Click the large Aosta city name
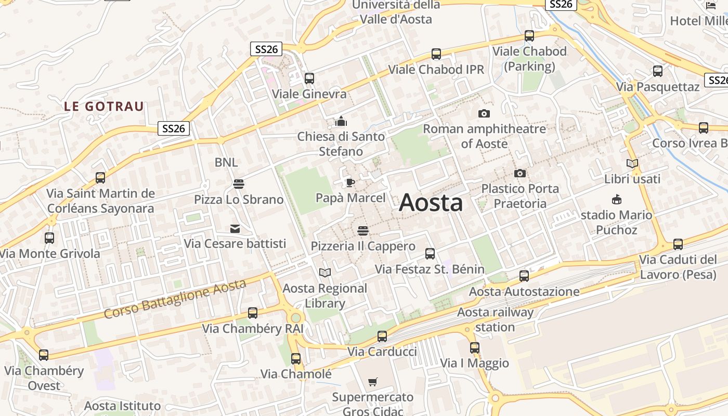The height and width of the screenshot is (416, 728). click(431, 202)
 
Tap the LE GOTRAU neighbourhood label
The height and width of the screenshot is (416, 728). click(104, 107)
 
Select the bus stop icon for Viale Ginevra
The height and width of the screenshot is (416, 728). click(309, 79)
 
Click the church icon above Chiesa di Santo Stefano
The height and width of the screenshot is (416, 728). click(341, 121)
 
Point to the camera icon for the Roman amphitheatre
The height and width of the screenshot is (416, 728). click(484, 113)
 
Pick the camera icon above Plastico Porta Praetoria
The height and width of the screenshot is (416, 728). click(519, 173)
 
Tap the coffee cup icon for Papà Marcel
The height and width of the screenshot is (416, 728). click(350, 183)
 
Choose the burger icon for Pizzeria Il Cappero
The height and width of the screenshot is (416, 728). click(363, 230)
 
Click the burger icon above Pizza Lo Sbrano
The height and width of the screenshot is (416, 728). click(239, 184)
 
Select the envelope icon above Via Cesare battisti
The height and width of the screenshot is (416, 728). click(235, 228)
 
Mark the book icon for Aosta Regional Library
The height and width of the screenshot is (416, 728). click(325, 272)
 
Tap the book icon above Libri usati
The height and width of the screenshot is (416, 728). click(632, 163)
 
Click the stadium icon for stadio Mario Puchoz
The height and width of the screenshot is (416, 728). click(617, 199)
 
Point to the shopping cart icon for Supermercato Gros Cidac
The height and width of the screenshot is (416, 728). click(372, 382)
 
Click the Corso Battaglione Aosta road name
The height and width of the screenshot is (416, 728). click(174, 300)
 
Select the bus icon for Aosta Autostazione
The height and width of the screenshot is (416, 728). click(524, 276)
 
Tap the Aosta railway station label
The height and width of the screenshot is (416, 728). click(495, 320)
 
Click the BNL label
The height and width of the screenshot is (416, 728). click(226, 162)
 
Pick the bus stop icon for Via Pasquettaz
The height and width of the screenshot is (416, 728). click(658, 71)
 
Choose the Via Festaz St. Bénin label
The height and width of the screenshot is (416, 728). click(430, 269)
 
